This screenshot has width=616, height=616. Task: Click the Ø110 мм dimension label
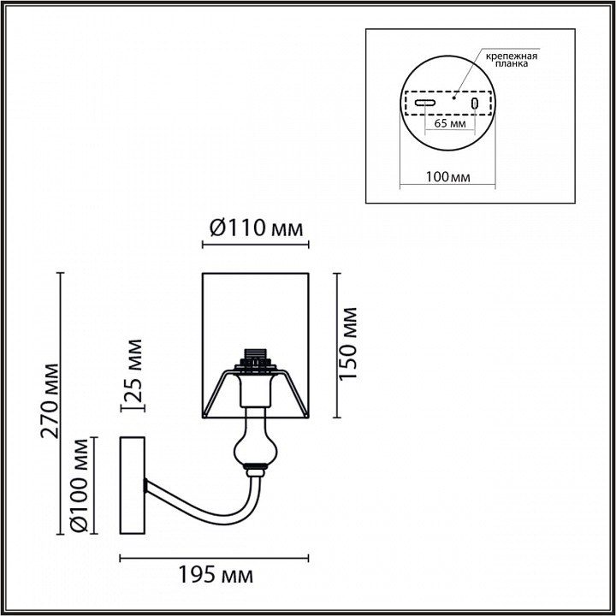tap(255, 228)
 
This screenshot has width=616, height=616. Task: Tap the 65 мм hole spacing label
tap(450, 123)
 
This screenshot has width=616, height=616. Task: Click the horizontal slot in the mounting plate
tap(425, 103)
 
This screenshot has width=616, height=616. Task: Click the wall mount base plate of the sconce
tap(133, 484)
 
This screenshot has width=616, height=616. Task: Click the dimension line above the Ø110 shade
tap(254, 245)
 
